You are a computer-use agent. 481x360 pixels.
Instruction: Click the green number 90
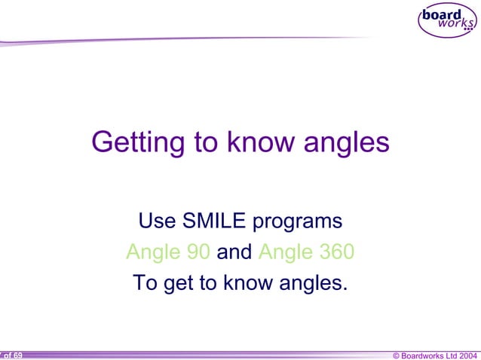(196, 252)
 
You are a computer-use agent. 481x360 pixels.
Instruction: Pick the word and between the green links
(234, 252)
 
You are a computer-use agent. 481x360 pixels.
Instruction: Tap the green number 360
(335, 252)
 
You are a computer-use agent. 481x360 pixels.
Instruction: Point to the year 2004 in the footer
(467, 355)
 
